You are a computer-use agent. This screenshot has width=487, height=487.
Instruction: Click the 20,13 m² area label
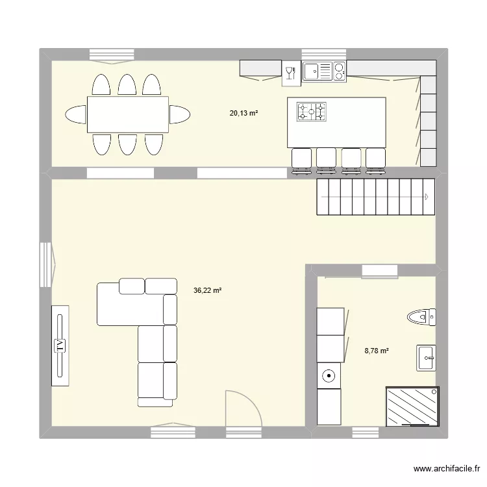point(243,113)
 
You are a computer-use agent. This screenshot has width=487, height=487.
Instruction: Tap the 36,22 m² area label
point(207,291)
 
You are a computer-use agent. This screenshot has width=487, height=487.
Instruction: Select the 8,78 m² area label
point(377,351)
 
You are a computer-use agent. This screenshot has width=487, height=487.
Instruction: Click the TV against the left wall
point(60,345)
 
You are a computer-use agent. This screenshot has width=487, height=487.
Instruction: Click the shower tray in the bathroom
point(412,406)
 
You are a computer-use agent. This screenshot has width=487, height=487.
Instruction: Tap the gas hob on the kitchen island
point(312,112)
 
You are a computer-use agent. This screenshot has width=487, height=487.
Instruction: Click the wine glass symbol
point(290,71)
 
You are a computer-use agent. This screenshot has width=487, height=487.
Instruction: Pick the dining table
point(128,115)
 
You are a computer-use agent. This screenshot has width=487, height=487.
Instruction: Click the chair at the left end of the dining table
point(75,115)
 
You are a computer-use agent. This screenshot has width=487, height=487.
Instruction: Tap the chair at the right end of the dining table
point(180,115)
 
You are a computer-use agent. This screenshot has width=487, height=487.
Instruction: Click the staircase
point(375,197)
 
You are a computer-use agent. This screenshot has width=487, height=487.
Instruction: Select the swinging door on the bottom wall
point(242,409)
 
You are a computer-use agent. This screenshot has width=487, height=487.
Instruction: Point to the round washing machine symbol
point(329,375)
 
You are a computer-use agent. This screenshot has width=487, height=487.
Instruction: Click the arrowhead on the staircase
point(426,197)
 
